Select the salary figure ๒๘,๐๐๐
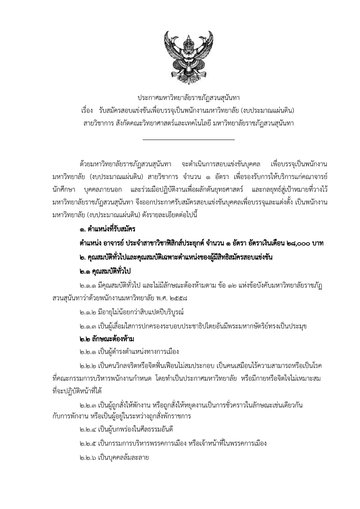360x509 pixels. (x=293, y=243)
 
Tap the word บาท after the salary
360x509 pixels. (x=319, y=243)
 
